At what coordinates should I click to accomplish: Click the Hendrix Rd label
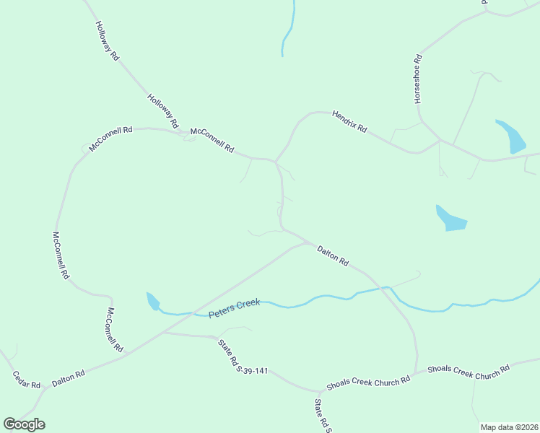349,121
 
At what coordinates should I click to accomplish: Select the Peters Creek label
234,310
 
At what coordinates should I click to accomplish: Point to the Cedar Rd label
26,380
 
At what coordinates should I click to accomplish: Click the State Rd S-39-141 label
243,357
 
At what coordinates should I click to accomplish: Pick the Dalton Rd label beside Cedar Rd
69,378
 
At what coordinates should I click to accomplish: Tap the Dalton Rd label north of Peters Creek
333,256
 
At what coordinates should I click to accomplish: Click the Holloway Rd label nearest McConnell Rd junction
162,111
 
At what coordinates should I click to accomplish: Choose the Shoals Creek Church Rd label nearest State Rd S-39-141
368,380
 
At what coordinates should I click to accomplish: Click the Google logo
24,424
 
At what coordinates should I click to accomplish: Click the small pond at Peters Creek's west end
152,301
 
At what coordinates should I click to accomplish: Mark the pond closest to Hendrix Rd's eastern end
511,136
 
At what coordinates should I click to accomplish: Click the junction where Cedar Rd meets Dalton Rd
45,388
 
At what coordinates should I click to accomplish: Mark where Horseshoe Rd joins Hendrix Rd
440,140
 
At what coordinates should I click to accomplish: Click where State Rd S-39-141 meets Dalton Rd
162,333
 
